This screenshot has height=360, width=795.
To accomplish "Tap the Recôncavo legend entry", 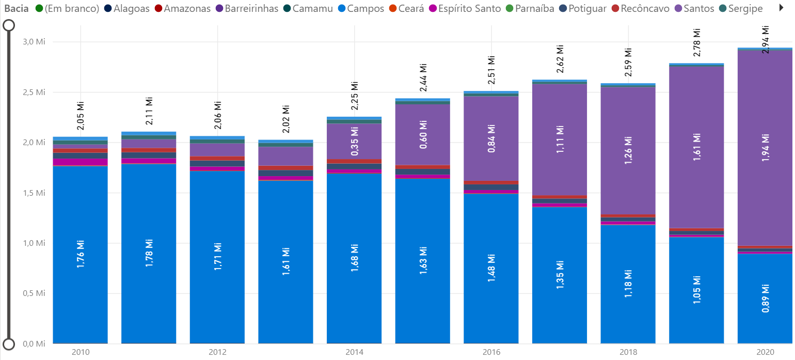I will point(645,9).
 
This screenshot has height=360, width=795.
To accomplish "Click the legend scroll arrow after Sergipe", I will point(781,8).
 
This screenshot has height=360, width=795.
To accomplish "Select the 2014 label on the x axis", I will point(355,352).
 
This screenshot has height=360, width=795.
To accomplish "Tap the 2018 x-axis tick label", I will point(628,352).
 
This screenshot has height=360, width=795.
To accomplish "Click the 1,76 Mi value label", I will point(81,253).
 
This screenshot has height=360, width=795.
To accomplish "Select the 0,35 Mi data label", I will point(355,142).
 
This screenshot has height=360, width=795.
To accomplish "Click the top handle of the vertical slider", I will point(9,25).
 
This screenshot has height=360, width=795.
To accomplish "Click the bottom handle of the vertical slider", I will point(9,344).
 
